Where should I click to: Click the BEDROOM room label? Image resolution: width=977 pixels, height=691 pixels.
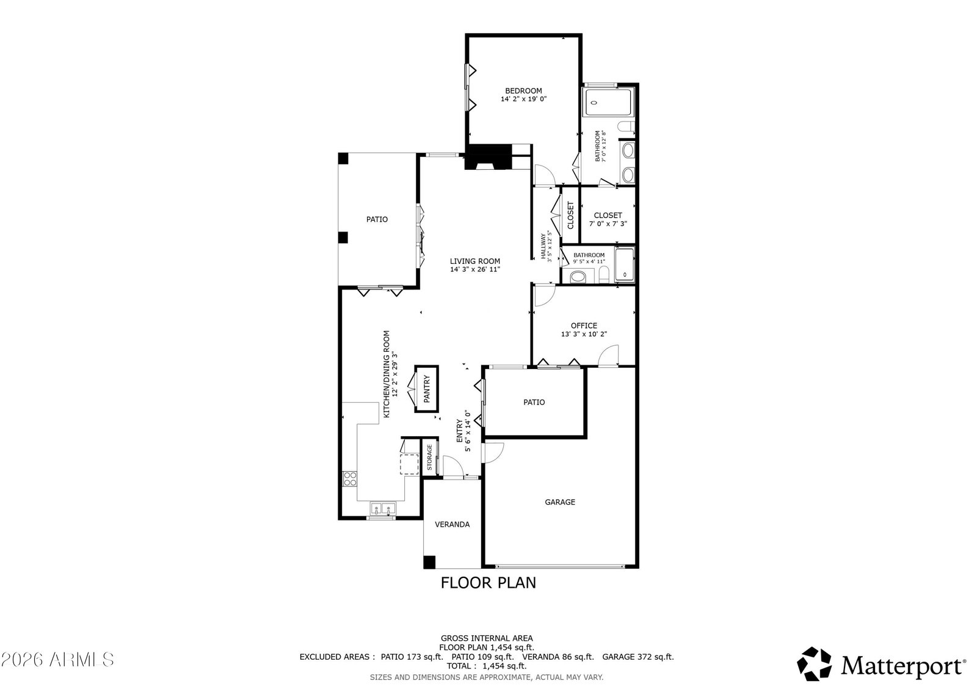[523, 91]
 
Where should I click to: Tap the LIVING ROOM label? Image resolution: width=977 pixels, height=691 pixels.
[475, 261]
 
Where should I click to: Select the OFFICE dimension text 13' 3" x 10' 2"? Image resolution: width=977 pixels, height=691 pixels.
[584, 334]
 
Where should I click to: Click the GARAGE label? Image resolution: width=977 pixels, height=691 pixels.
[560, 502]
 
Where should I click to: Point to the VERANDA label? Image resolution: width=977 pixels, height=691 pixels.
[452, 525]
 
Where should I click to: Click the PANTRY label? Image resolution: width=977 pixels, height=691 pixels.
[427, 389]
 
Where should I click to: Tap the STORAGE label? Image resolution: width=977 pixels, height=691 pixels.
[429, 457]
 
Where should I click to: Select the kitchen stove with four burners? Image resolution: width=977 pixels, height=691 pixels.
[350, 479]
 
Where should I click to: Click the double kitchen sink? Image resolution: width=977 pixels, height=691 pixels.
[383, 508]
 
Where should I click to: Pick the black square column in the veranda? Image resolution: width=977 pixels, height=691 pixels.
[430, 562]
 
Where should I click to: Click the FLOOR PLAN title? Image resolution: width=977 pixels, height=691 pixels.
[488, 583]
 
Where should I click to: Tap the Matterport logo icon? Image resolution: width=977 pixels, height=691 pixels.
[814, 664]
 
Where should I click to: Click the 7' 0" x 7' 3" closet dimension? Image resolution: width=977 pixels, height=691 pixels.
[608, 224]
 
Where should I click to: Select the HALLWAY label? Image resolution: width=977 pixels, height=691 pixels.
[543, 246]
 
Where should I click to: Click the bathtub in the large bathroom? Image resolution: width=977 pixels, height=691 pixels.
[608, 102]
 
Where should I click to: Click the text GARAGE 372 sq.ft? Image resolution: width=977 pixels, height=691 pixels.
[638, 657]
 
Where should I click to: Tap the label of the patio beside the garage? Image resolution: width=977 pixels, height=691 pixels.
[534, 403]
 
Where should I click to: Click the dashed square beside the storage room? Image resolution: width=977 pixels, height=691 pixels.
[409, 464]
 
